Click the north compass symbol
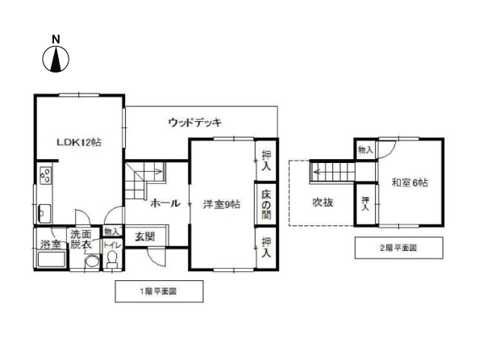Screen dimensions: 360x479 pos(56,57)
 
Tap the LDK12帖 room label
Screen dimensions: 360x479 pos(78,142)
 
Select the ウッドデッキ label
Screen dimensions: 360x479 pos(195,123)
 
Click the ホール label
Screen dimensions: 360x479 pos(165,204)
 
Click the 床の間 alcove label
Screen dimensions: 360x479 pos(265,205)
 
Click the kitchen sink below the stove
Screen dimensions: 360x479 pos(44,214)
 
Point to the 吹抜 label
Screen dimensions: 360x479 pos(323,203)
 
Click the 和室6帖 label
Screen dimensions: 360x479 pos(410,184)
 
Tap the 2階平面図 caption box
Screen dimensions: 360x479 pos(398,247)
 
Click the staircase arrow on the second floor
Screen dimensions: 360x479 pos(331,171)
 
